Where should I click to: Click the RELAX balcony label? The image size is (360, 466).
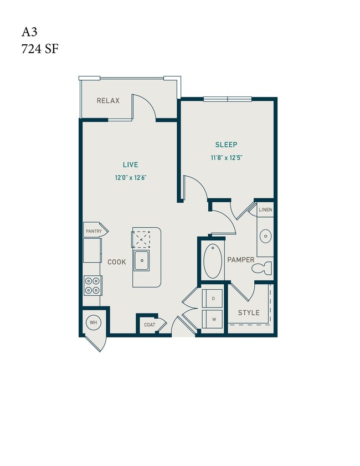pos(108,101)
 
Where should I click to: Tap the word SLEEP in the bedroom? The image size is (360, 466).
pos(226,145)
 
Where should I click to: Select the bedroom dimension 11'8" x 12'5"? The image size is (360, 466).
pos(226,158)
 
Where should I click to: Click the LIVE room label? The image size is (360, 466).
pos(131,165)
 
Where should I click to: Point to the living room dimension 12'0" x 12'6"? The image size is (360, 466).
pos(131,178)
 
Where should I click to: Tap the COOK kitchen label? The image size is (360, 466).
pos(117,262)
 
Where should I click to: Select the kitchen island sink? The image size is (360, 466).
pos(143,259)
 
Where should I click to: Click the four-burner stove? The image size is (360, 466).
pos(92,285)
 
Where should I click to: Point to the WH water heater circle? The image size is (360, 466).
pos(92,321)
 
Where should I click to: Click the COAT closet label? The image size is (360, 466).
pos(150,325)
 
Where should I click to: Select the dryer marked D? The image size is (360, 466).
pos(213,299)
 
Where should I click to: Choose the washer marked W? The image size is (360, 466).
pos(213,319)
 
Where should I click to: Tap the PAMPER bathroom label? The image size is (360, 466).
pos(240,260)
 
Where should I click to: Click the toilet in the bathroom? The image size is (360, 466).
pos(261,269)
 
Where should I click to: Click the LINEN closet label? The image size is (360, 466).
pos(265,210)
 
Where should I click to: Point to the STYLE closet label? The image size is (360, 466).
pos(249,313)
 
